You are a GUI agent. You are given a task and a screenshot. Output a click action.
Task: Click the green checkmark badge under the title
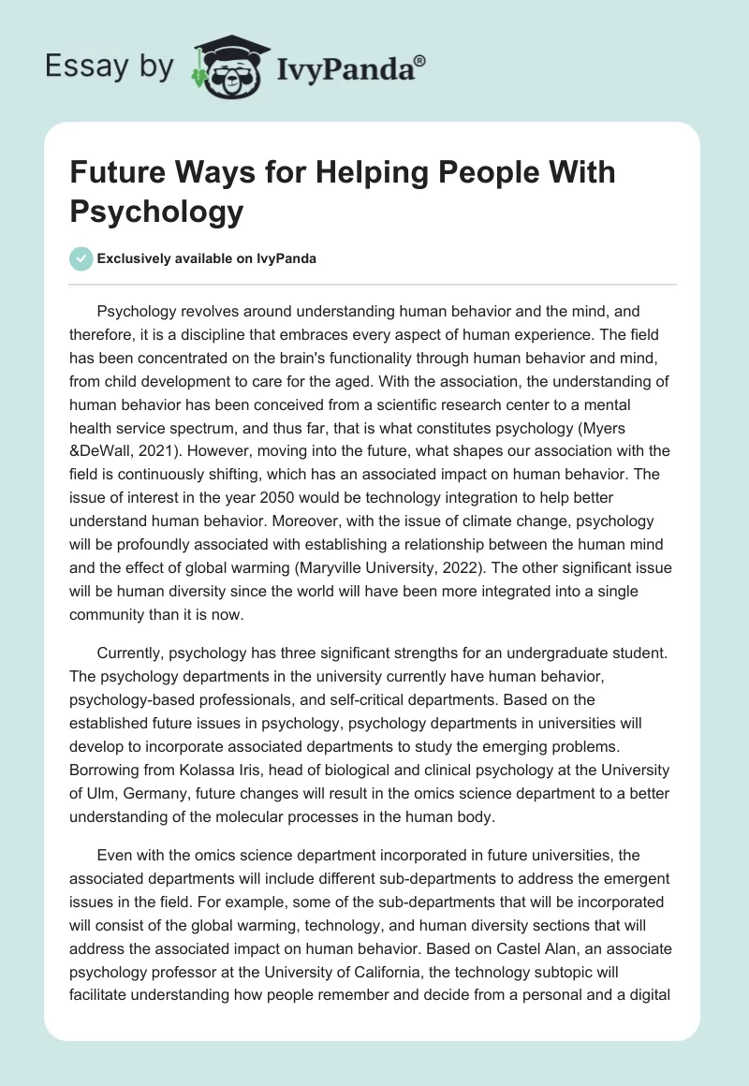[81, 258]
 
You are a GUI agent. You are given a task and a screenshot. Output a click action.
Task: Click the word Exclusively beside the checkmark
[139, 258]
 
